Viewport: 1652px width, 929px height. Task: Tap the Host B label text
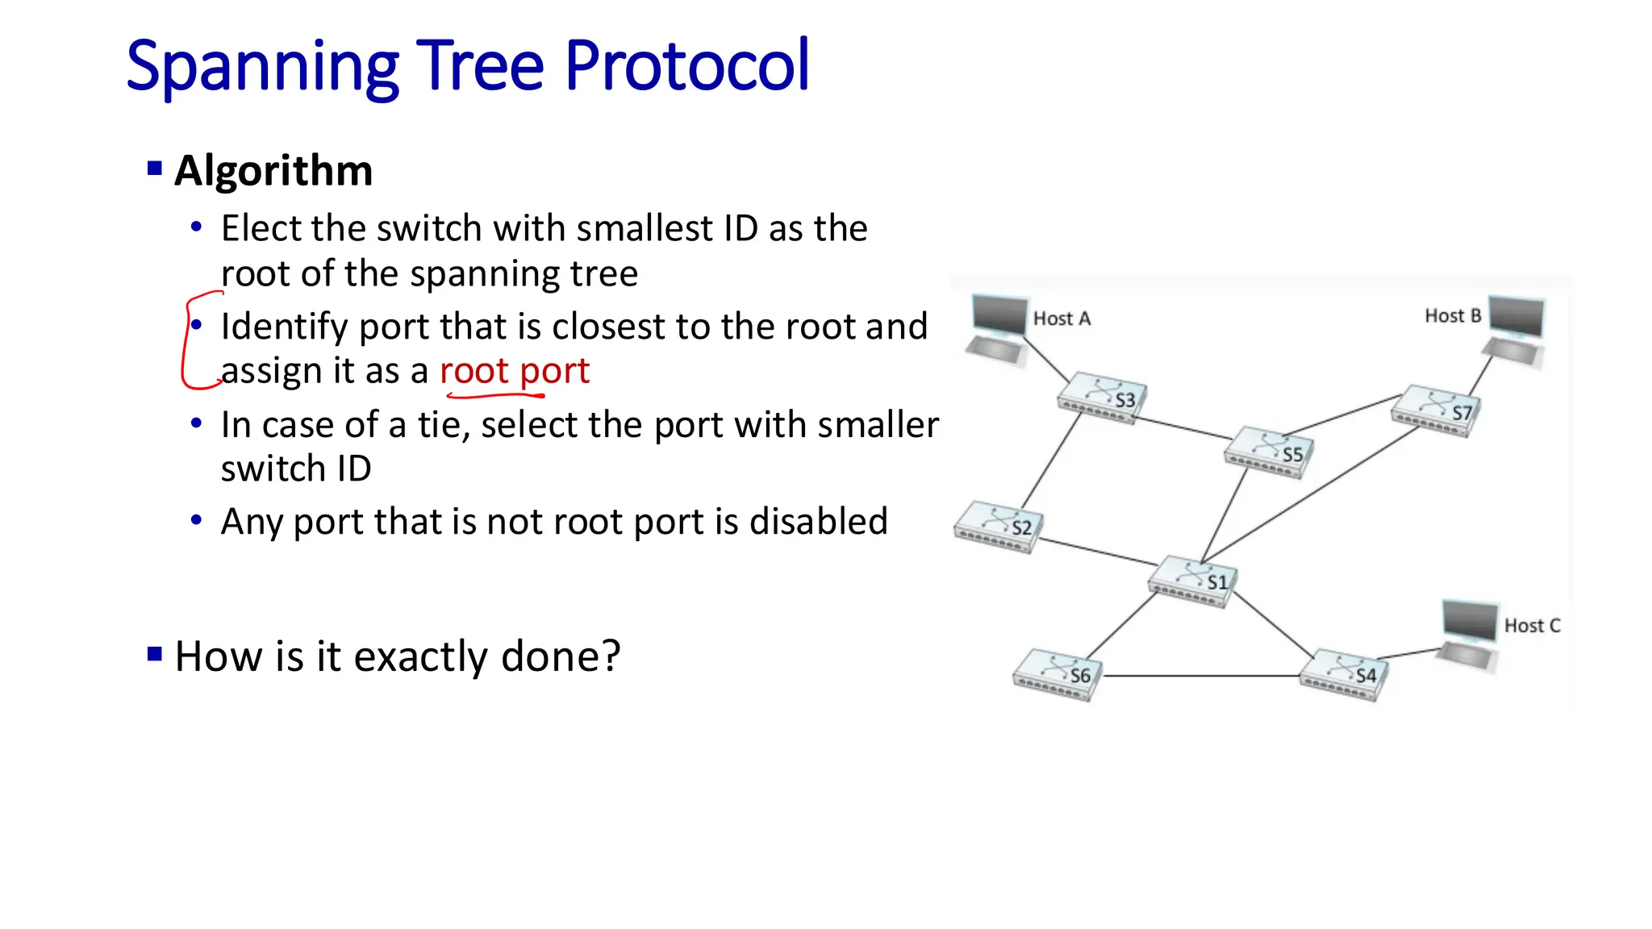1452,316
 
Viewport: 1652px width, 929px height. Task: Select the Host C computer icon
1470,634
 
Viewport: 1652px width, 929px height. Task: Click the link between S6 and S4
1202,676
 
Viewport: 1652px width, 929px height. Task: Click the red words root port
515,371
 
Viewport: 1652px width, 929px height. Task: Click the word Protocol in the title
686,66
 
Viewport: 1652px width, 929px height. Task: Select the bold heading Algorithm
273,171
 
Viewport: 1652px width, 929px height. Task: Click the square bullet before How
155,653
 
